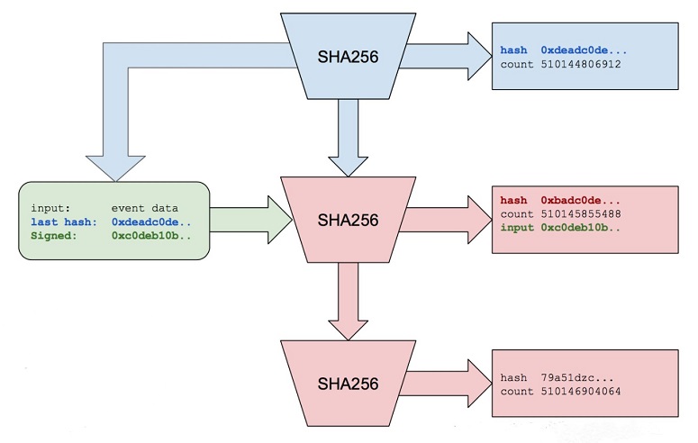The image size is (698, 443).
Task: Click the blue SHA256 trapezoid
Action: point(348,57)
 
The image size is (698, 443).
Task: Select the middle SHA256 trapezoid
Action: point(348,220)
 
